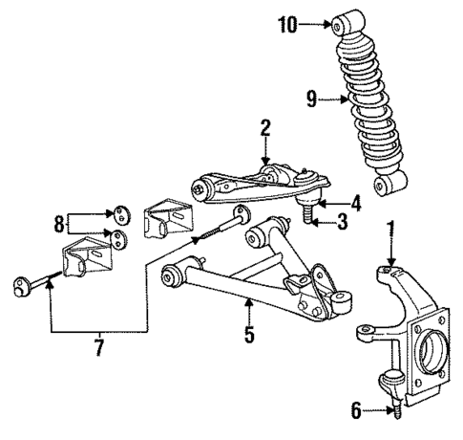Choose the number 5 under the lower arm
tap(248, 336)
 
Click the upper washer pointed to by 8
tap(118, 213)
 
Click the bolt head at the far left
tap(21, 285)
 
